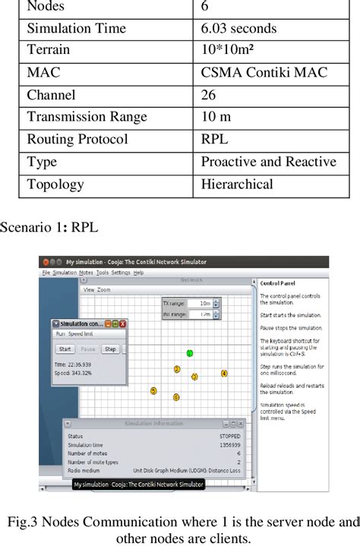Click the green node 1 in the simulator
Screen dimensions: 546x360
pos(190,353)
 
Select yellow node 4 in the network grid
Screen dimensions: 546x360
pos(224,374)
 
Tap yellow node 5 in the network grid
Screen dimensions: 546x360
pos(153,391)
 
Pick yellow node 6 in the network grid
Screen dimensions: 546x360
pos(176,397)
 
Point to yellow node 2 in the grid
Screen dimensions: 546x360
pos(177,369)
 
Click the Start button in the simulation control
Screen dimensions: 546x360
pos(65,349)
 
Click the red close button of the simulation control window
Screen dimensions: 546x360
pos(123,323)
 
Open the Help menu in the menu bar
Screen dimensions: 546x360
pos(137,272)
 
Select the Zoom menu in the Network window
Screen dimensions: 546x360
pos(103,289)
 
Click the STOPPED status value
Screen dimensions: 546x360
pos(229,437)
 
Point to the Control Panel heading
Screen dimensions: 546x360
pos(273,284)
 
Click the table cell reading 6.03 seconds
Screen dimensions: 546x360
pos(238,29)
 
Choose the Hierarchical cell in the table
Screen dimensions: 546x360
pos(236,184)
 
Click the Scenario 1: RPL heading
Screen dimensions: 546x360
pos(49,227)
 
